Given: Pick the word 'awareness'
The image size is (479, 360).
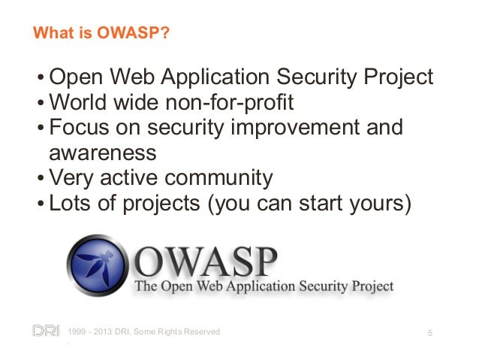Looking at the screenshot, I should pyautogui.click(x=103, y=153).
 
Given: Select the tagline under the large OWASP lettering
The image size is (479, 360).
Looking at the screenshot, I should pyautogui.click(x=263, y=286).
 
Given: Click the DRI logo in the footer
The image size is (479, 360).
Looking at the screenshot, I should pyautogui.click(x=44, y=331).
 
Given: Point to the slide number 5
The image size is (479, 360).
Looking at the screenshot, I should pyautogui.click(x=429, y=331).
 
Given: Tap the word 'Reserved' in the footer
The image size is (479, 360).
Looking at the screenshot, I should pyautogui.click(x=197, y=331).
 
